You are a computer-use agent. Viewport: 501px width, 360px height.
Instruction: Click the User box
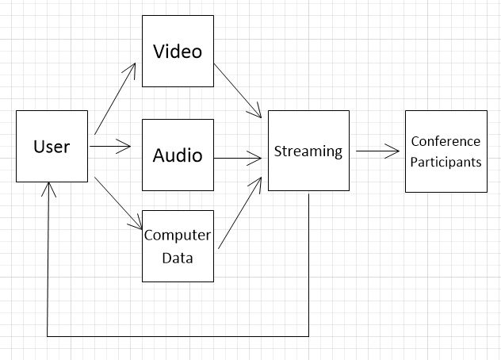pyautogui.click(x=52, y=147)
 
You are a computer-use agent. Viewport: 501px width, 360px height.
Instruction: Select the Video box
pyautogui.click(x=178, y=51)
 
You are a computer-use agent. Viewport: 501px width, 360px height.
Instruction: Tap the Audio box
pyautogui.click(x=178, y=155)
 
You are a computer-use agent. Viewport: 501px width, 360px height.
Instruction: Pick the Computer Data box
pyautogui.click(x=178, y=246)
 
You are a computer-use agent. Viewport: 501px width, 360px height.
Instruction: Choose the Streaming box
pyautogui.click(x=308, y=151)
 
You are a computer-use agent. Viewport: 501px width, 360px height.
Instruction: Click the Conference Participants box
pyautogui.click(x=446, y=151)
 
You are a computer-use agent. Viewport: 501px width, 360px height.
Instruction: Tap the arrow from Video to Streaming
pyautogui.click(x=238, y=91)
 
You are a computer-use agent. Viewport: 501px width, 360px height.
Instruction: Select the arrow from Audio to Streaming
pyautogui.click(x=238, y=158)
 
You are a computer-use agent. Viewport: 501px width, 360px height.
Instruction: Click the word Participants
pyautogui.click(x=446, y=162)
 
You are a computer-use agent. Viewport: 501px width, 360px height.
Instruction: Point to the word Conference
pyautogui.click(x=446, y=141)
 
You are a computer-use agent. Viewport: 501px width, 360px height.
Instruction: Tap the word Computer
pyautogui.click(x=178, y=236)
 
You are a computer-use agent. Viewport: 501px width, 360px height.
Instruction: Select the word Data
pyautogui.click(x=178, y=257)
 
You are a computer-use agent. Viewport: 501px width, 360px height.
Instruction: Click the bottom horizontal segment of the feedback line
pyautogui.click(x=178, y=335)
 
